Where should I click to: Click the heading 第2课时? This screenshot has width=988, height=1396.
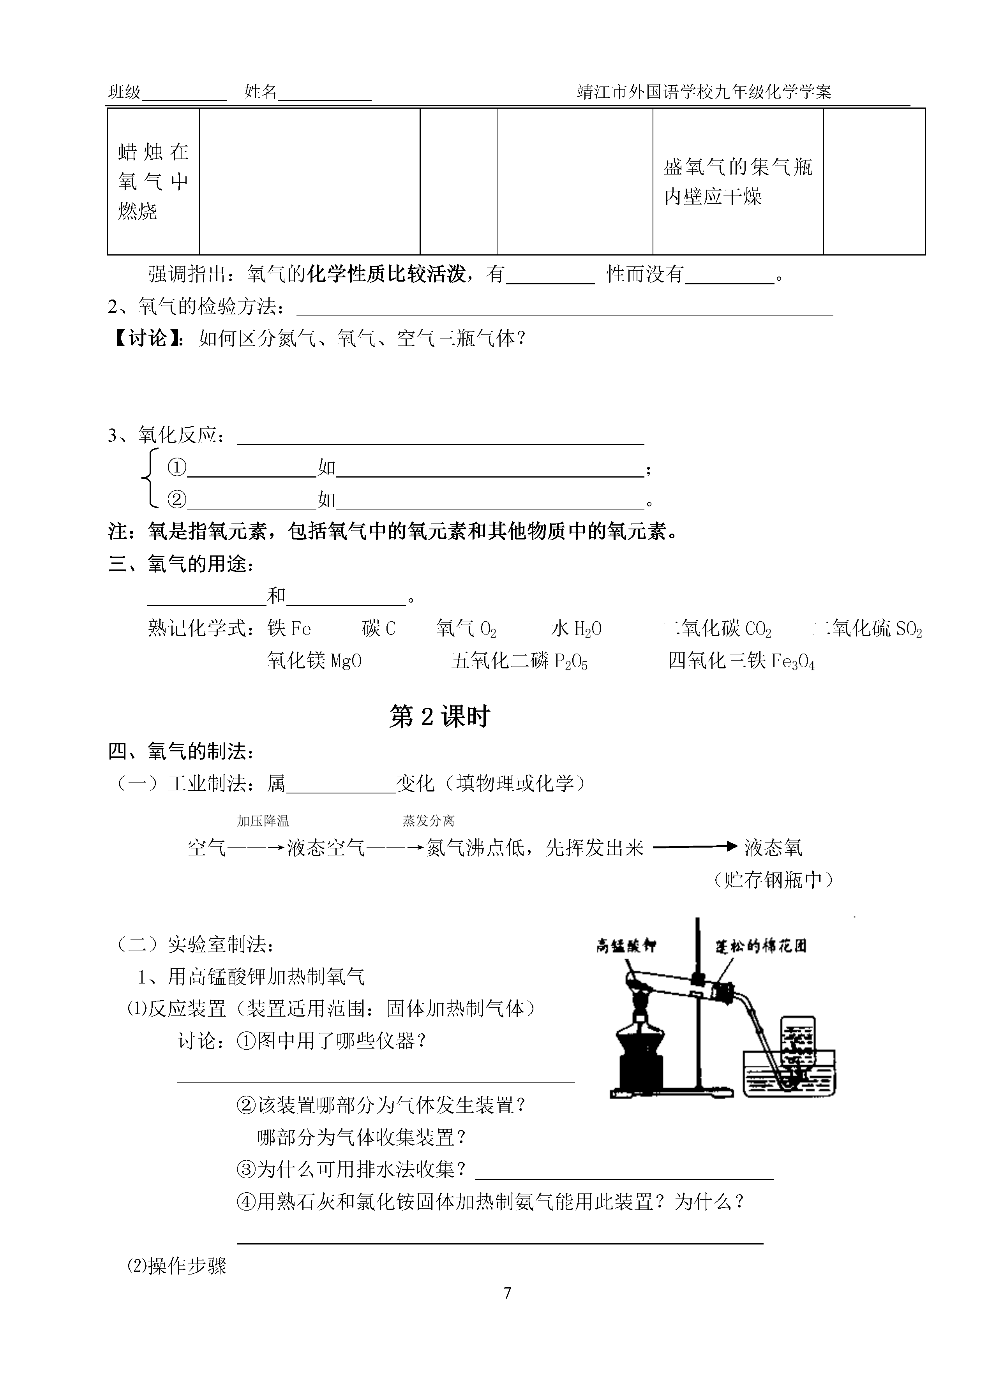(x=439, y=717)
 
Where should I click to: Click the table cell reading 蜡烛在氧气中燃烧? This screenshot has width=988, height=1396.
(x=153, y=181)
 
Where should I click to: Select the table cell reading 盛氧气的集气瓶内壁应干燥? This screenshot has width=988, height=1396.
(x=737, y=181)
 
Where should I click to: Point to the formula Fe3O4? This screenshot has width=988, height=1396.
(x=793, y=661)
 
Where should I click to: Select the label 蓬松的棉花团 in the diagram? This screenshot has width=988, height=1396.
(x=760, y=946)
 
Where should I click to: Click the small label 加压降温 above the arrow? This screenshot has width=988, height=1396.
(x=263, y=821)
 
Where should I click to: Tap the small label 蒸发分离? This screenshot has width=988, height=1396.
(x=428, y=821)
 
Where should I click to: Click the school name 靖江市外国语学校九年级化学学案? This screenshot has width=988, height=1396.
(x=704, y=92)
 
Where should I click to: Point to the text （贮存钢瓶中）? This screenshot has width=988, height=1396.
(x=773, y=880)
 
